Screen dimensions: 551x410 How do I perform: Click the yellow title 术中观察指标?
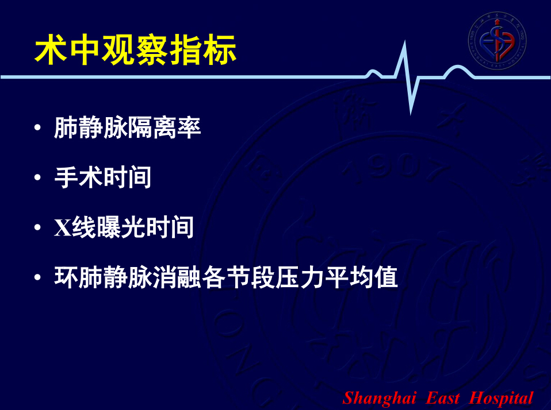point(135,50)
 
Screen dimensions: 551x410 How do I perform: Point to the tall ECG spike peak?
point(404,42)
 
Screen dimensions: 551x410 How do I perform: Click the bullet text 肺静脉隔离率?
point(128,127)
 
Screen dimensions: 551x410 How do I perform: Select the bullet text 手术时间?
point(102,177)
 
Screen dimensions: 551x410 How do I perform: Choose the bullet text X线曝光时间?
point(124,227)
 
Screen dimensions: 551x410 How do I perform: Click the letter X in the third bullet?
point(63,228)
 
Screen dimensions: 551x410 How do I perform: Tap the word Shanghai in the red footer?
point(379,399)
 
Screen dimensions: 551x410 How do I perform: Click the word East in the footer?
point(442,398)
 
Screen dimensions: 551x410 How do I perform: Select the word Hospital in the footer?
point(501,399)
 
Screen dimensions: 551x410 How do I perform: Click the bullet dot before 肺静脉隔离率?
point(37,127)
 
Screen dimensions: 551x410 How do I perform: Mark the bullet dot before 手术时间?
point(37,177)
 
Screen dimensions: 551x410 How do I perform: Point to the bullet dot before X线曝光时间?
point(37,227)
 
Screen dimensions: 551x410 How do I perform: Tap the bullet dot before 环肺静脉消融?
point(37,277)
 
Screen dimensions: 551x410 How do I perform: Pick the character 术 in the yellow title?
point(51,50)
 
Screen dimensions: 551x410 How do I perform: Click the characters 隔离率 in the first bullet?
point(164,127)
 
